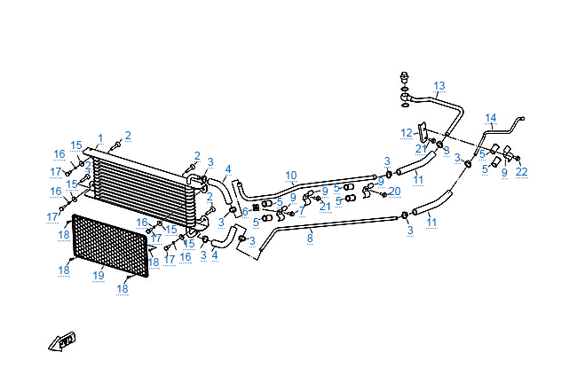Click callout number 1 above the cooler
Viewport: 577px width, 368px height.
[x=100, y=138]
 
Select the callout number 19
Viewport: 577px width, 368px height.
[x=99, y=276]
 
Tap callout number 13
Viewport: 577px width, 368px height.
[x=439, y=86]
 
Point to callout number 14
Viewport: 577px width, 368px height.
[x=491, y=118]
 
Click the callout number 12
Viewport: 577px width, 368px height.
[x=406, y=132]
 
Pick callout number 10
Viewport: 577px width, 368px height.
[x=290, y=175]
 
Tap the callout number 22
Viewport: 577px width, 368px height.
[x=521, y=171]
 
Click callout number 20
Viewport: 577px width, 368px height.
[x=395, y=191]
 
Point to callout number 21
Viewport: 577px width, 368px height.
[x=325, y=207]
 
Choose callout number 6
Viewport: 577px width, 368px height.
[x=246, y=211]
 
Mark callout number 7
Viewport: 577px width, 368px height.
[x=302, y=211]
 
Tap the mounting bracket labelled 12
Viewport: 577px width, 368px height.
[x=423, y=132]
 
